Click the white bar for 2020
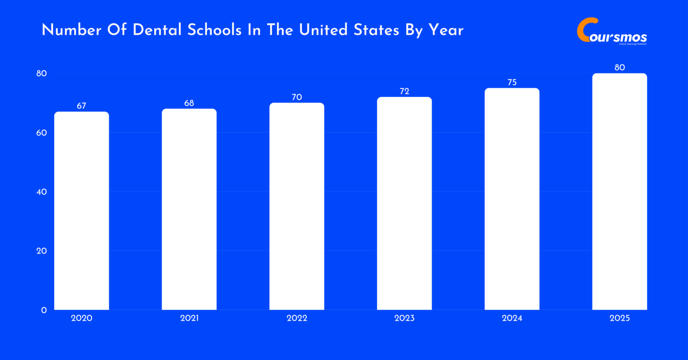82,210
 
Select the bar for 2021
189,209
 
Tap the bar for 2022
297,206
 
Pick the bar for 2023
404,203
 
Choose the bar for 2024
512,199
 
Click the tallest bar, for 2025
619,192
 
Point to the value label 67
81,106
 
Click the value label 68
189,103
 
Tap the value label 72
404,91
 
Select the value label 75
512,82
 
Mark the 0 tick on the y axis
44,310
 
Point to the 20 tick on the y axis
42,251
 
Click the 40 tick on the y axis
42,192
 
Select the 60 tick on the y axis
42,133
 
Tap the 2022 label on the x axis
297,318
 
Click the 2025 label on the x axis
619,318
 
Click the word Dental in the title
157,30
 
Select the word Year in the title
446,30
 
